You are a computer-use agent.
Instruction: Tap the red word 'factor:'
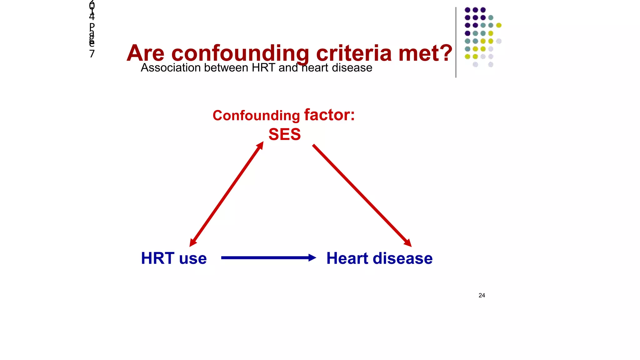329,115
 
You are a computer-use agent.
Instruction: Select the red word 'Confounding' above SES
256,116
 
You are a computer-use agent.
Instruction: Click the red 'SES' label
284,134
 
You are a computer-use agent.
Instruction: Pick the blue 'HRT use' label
174,258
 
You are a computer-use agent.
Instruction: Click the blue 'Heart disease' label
379,258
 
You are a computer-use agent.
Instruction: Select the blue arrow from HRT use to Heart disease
266,258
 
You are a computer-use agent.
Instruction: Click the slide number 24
482,295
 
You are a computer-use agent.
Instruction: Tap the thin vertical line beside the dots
456,42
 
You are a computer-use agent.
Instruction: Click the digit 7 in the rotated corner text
92,54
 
